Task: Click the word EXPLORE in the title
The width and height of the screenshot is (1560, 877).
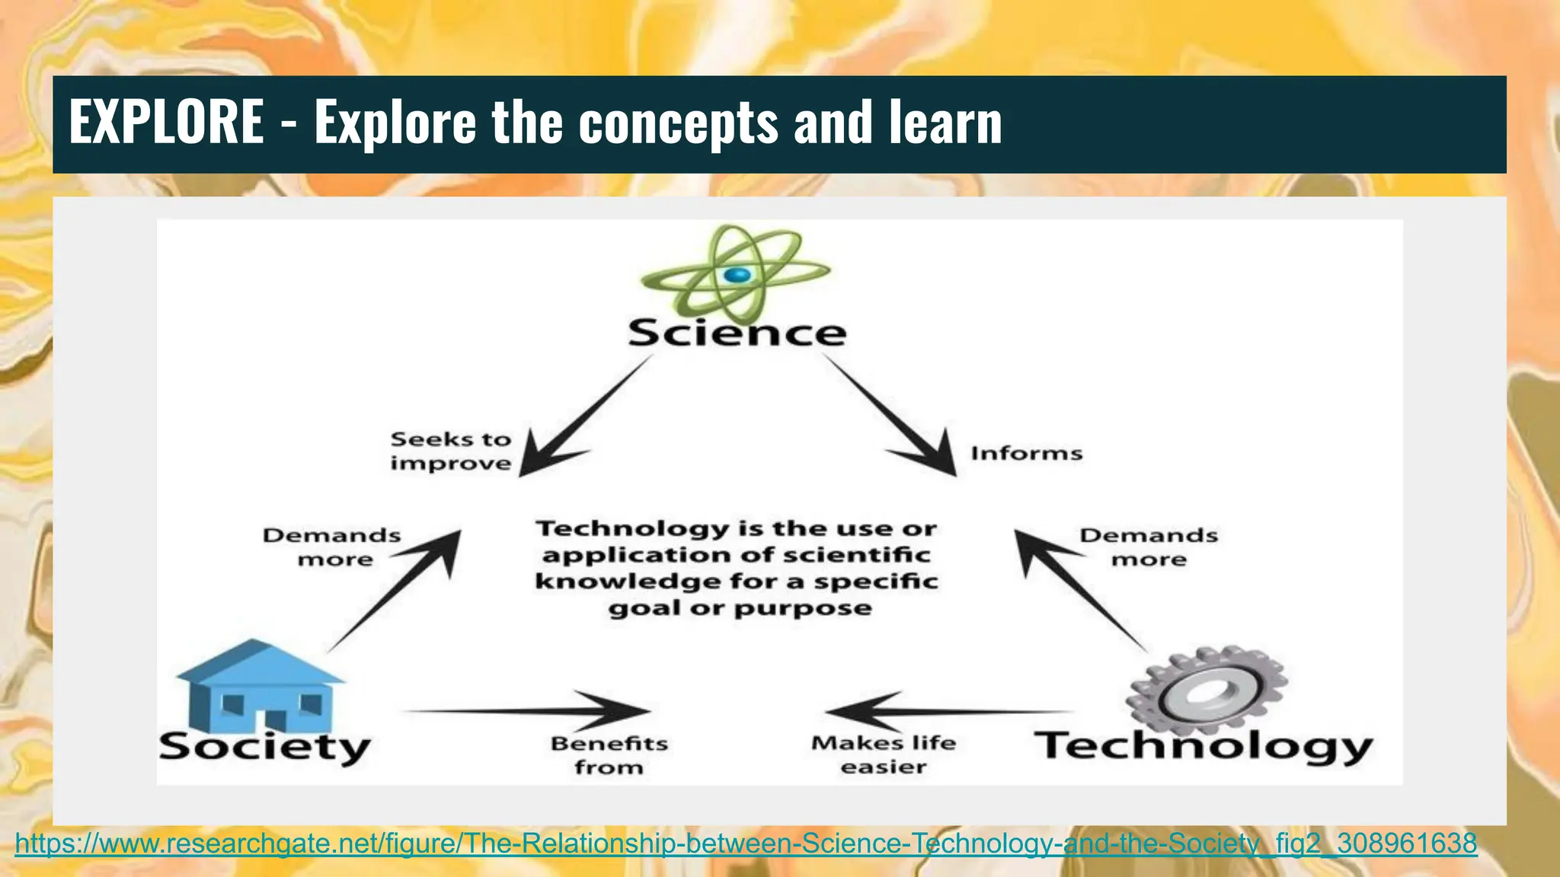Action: (166, 123)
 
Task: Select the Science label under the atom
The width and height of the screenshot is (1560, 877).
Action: (737, 333)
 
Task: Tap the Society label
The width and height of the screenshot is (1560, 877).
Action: (264, 747)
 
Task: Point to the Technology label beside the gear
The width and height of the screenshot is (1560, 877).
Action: (1204, 746)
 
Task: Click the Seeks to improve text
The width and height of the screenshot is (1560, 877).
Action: (451, 451)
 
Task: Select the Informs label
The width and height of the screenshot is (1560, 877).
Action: (1026, 454)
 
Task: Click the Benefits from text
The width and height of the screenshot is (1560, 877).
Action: (609, 754)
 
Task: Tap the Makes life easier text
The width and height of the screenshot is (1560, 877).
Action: (884, 754)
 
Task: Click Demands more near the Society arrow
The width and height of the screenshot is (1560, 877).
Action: (332, 547)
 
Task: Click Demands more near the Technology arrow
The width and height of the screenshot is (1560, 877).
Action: (1149, 547)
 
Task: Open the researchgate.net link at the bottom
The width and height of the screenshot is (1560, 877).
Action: (746, 844)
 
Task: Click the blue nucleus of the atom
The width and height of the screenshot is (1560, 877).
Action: (737, 275)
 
